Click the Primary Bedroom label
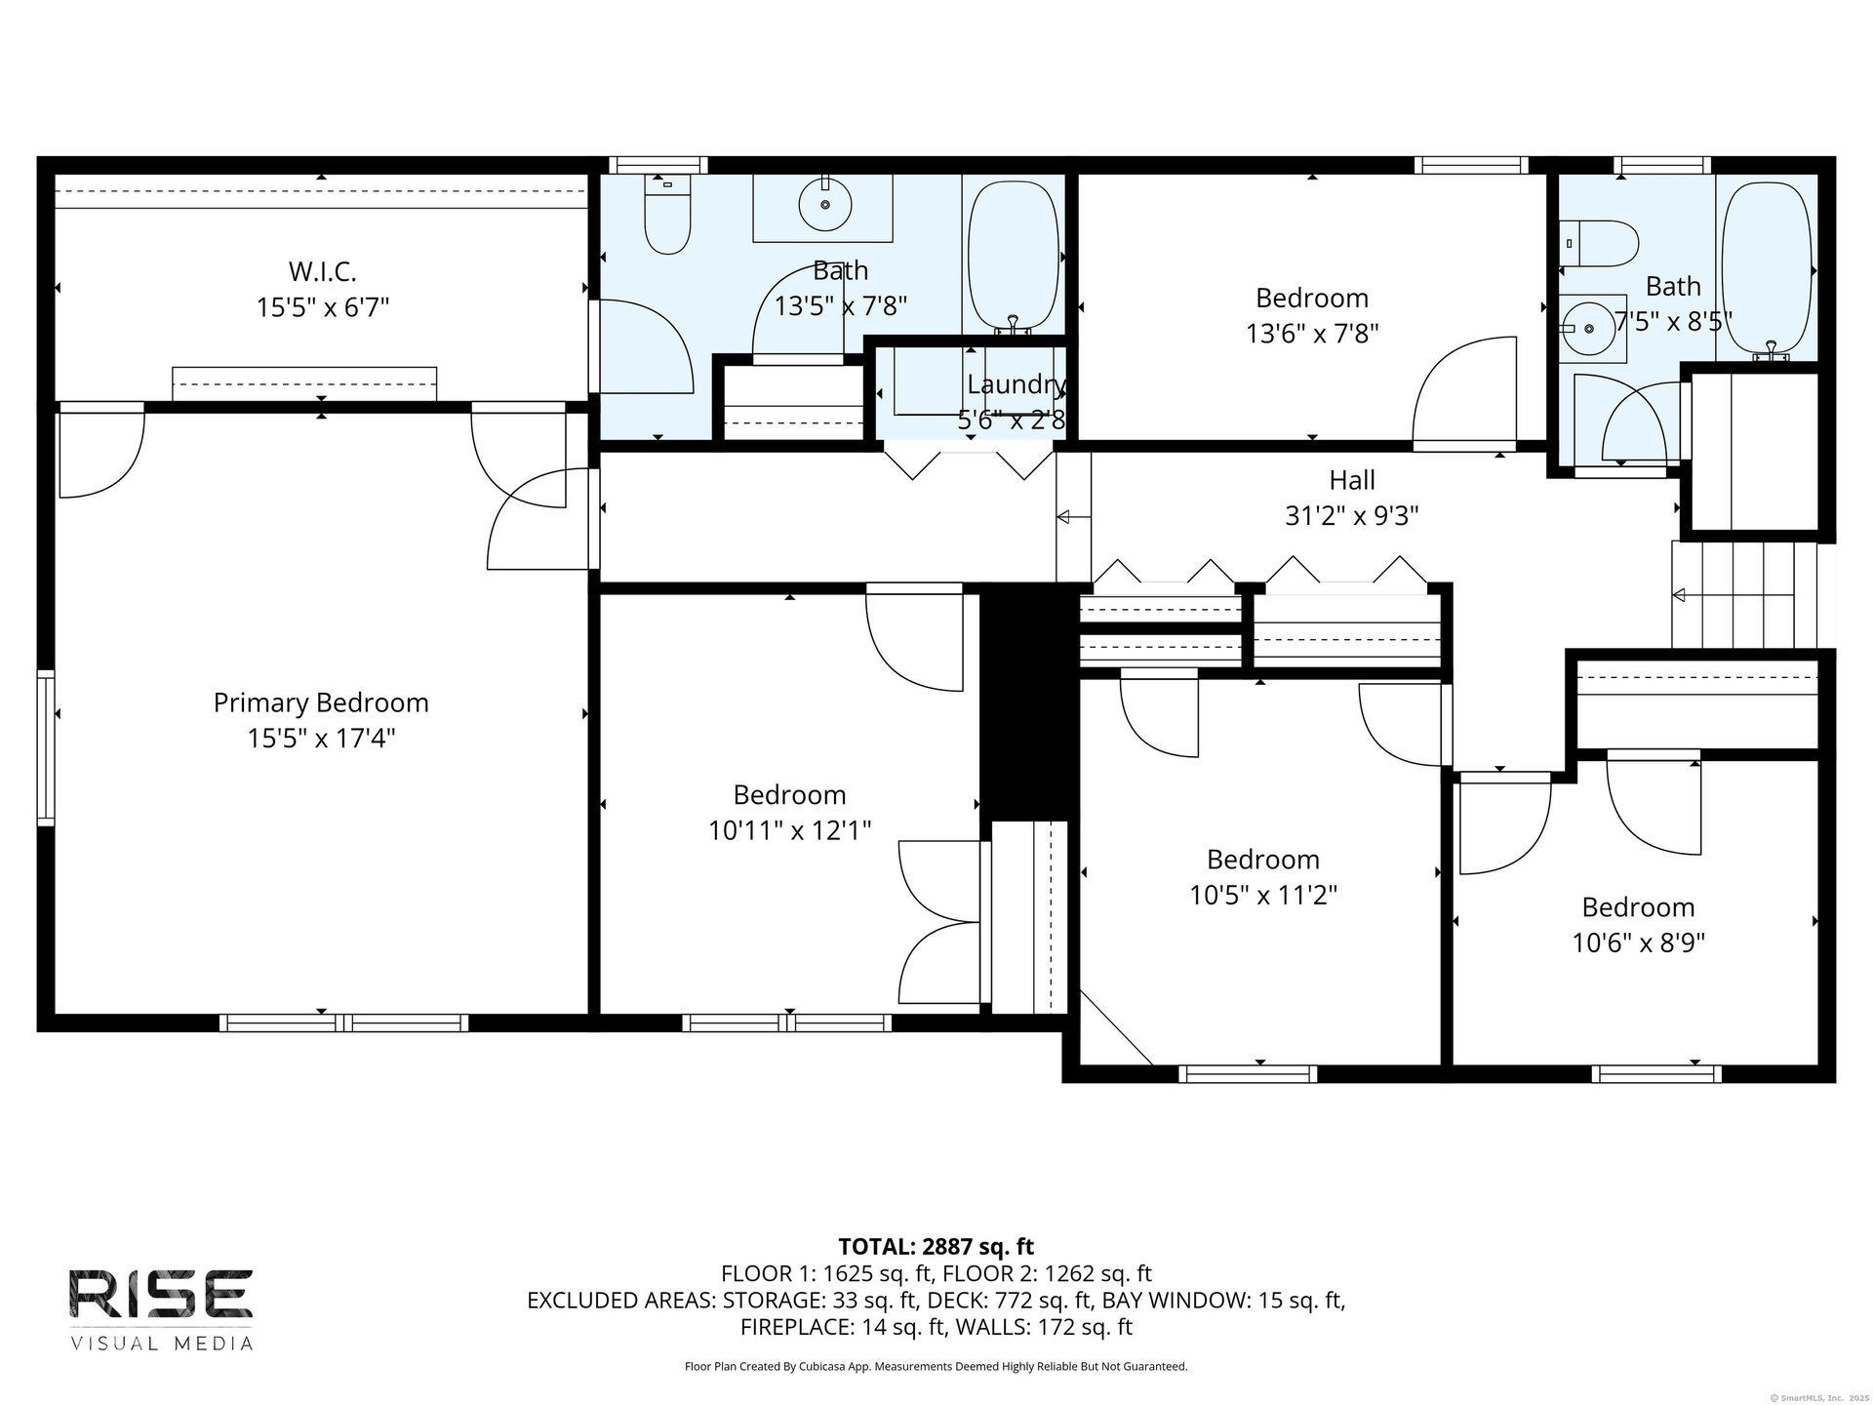click(x=321, y=702)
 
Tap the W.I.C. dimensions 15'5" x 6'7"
click(x=323, y=307)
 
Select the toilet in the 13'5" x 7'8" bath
click(x=667, y=214)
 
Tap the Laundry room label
click(x=1016, y=384)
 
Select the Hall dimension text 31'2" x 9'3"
click(x=1351, y=515)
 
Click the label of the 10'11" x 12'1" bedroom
click(x=789, y=794)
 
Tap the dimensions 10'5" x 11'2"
click(x=1263, y=895)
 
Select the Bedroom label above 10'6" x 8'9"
click(x=1638, y=907)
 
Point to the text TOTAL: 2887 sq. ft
click(x=936, y=1246)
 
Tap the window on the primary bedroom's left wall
click(x=45, y=747)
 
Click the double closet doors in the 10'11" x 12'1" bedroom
click(x=938, y=922)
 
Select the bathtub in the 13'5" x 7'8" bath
click(x=1014, y=256)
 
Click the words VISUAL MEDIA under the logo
click(x=161, y=1344)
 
